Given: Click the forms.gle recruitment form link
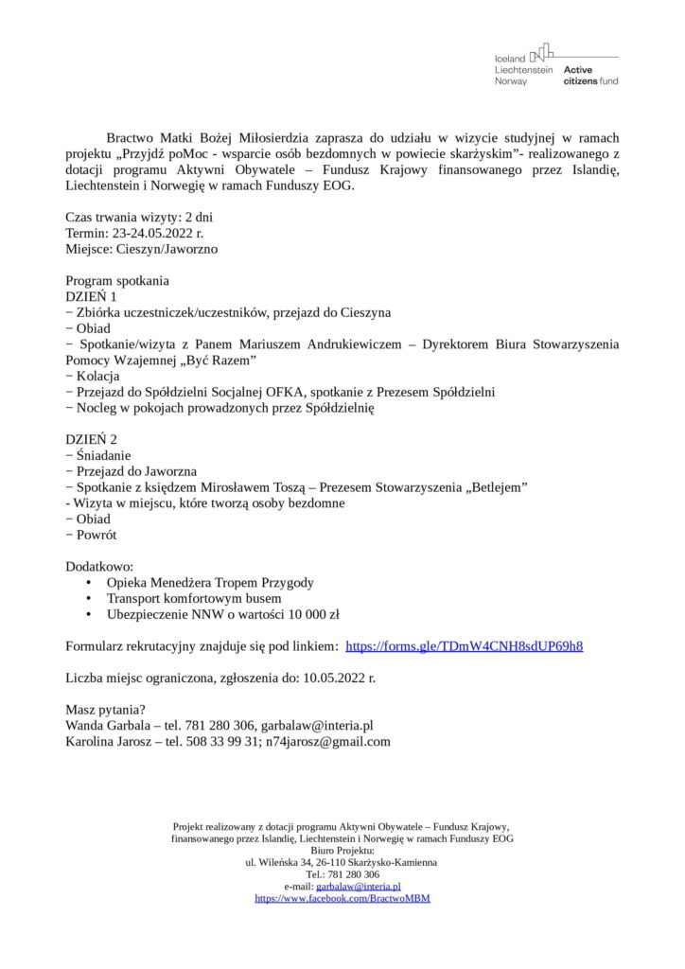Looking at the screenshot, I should coord(464,646).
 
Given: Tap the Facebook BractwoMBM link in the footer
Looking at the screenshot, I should coord(342,898).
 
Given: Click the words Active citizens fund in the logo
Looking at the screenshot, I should coord(590,76).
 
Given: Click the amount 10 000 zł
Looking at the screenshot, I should coord(307,614).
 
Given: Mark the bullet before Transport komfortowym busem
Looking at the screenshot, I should coord(89,599).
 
